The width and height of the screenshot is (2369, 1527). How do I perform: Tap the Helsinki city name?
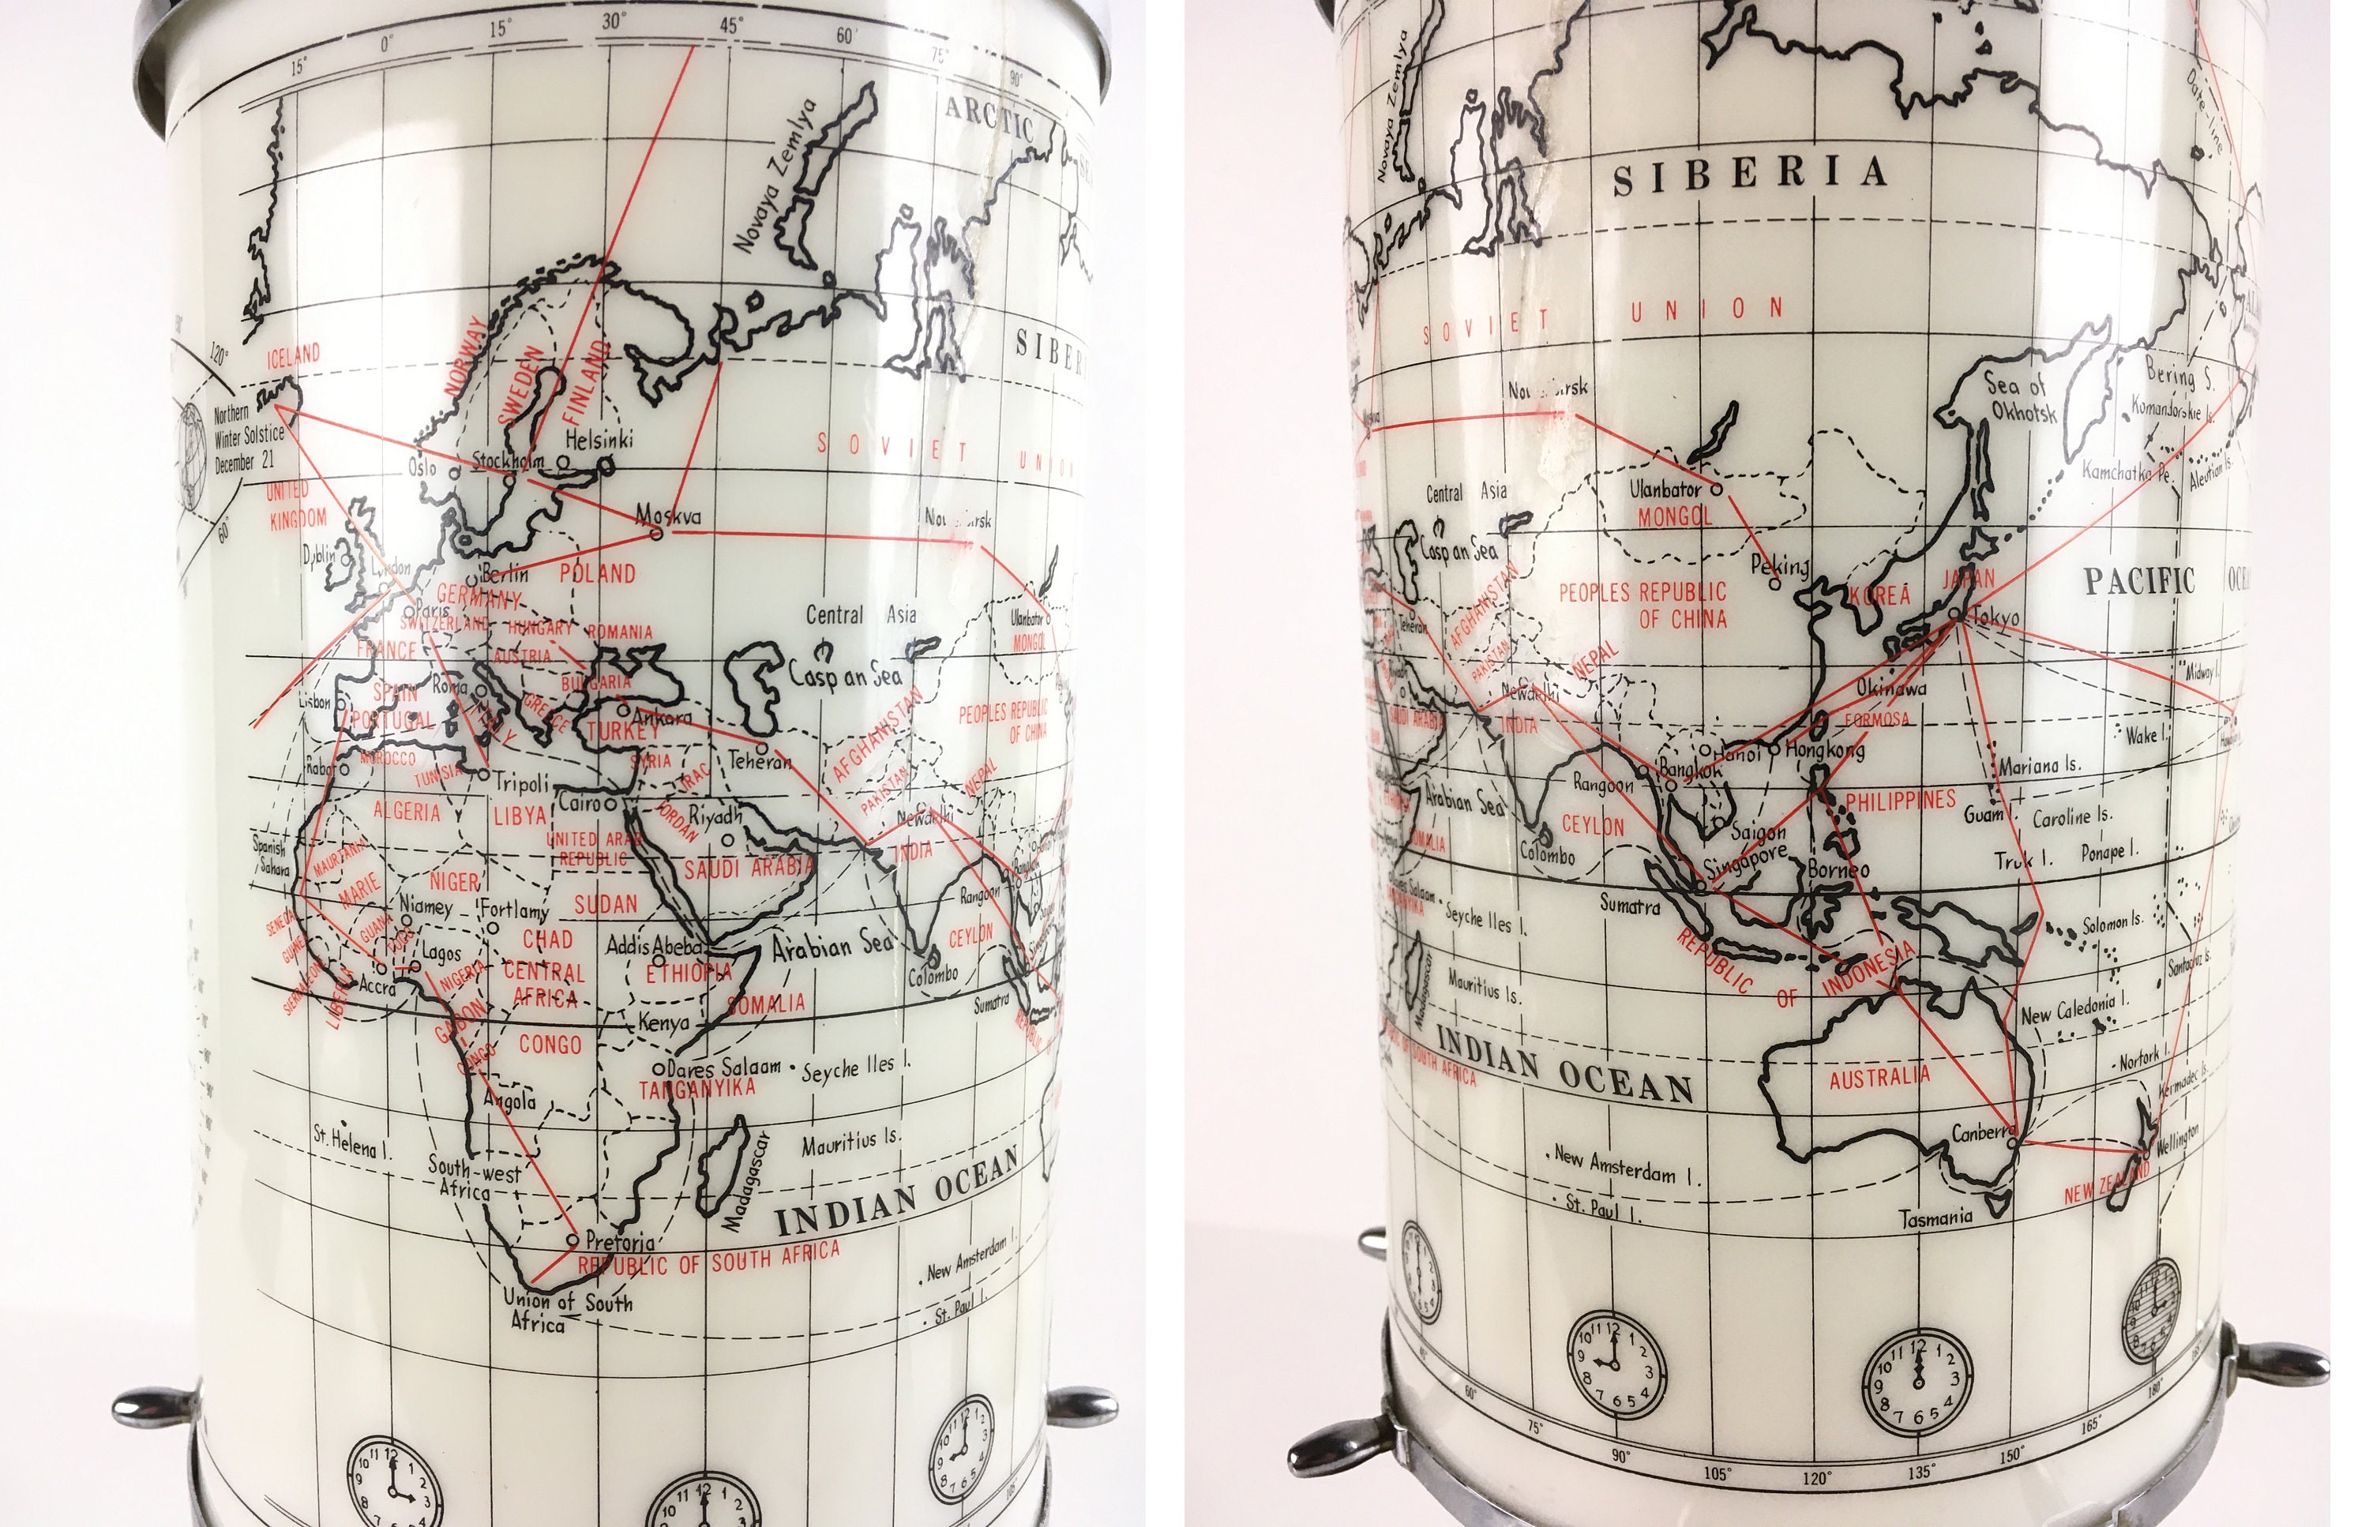(599, 438)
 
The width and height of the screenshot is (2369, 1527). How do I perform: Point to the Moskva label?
(667, 515)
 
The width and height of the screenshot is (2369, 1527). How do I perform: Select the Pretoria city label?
(620, 1240)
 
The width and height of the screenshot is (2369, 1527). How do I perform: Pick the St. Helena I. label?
(352, 1142)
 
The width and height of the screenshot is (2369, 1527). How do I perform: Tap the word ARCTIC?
(988, 120)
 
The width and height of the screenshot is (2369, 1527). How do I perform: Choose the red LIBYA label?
(520, 815)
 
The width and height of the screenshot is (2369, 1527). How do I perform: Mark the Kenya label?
(663, 1022)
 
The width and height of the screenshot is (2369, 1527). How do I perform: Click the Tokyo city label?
(1995, 617)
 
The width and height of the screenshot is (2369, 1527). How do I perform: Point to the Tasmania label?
(1935, 1217)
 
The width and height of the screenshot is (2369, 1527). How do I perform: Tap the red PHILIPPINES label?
(1900, 800)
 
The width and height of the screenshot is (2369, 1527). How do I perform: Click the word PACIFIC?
(2139, 580)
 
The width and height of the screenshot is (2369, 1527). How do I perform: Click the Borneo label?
(1838, 869)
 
